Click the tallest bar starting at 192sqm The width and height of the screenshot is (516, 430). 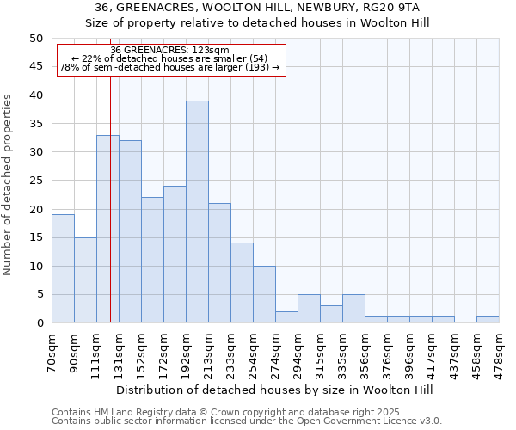click(197, 212)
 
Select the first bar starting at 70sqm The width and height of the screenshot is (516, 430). click(63, 268)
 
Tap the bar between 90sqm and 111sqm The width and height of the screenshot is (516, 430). click(85, 279)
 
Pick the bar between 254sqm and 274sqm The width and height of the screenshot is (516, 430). click(264, 294)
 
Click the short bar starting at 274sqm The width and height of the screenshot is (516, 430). click(286, 317)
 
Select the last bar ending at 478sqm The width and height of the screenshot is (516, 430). click(488, 320)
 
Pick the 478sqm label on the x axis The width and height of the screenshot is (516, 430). click(500, 351)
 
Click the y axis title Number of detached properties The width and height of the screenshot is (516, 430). click(9, 184)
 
